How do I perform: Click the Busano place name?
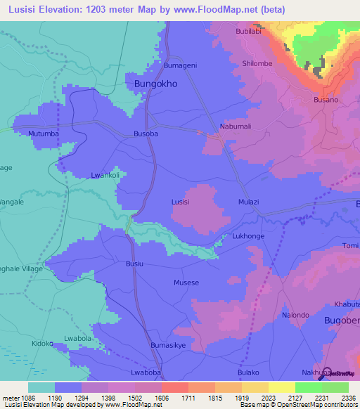point(326,100)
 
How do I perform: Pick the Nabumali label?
point(236,126)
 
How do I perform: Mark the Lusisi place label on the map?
point(181,202)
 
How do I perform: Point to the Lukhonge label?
point(248,236)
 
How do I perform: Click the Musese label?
point(186,283)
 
